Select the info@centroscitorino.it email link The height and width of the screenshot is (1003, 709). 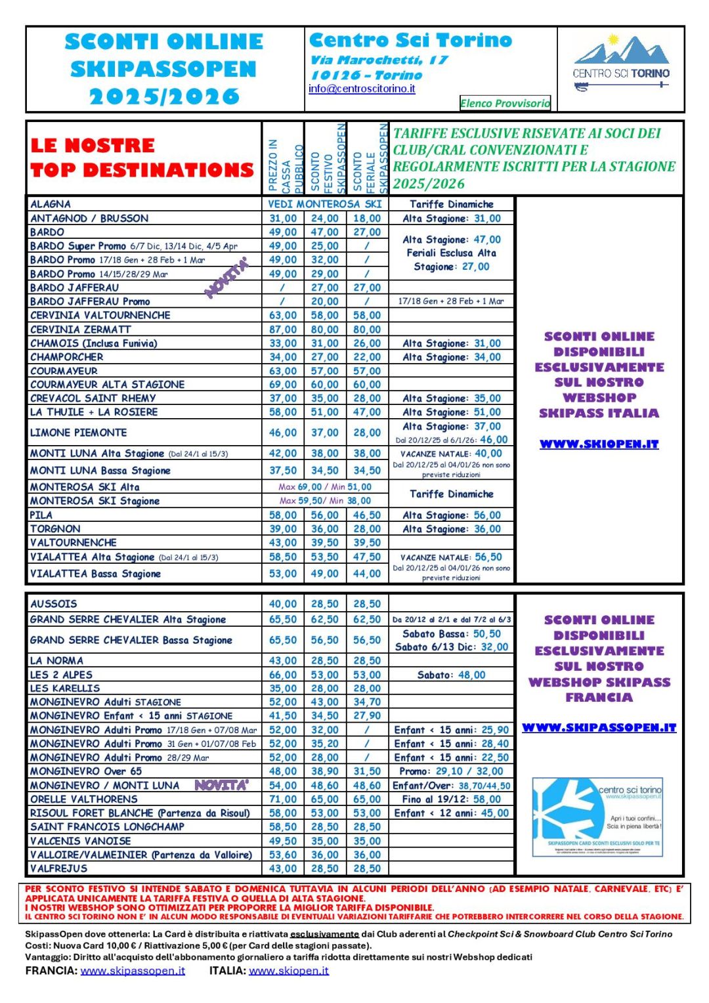tap(362, 89)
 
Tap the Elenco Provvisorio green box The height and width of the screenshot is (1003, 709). tap(505, 103)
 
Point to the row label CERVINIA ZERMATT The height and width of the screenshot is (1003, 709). tap(81, 330)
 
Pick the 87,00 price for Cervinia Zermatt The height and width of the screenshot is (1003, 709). tap(283, 330)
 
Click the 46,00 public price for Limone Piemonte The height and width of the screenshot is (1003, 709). tap(283, 433)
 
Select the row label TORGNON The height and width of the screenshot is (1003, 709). tap(55, 529)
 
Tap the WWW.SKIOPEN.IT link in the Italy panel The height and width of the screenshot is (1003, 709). tap(599, 444)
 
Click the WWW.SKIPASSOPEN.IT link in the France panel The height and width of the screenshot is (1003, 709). tap(599, 728)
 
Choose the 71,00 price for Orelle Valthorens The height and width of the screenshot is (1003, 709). tap(283, 800)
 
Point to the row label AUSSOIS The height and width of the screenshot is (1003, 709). tap(53, 604)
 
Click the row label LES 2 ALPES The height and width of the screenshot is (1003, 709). tap(61, 675)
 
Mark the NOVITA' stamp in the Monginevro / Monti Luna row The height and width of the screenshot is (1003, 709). tap(221, 785)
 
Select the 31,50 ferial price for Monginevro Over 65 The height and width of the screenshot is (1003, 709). tap(367, 771)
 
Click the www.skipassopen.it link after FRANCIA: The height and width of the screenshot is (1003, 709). tap(133, 971)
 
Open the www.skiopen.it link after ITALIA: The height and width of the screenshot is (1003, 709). tap(289, 971)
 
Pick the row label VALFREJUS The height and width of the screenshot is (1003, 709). tap(58, 868)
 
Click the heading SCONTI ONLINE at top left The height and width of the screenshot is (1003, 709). tap(164, 42)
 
